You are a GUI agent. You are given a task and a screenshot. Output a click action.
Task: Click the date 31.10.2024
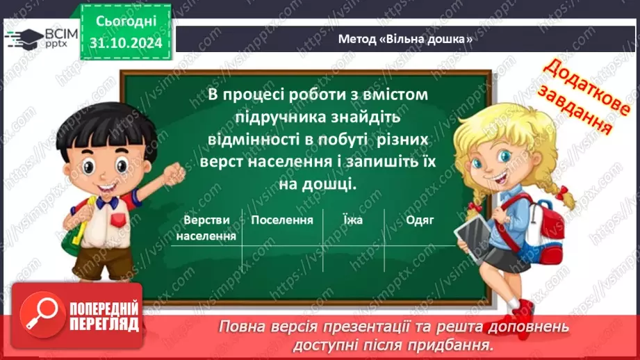125,43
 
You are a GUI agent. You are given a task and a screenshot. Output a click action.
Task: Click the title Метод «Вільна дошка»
405,40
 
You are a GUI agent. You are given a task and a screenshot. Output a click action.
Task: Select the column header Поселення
283,220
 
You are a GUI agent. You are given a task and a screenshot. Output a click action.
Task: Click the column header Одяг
420,220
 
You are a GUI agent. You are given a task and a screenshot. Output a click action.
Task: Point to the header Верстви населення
206,227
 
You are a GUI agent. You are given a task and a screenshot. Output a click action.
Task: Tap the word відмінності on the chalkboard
255,139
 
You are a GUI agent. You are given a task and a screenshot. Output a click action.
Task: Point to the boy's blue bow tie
106,202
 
